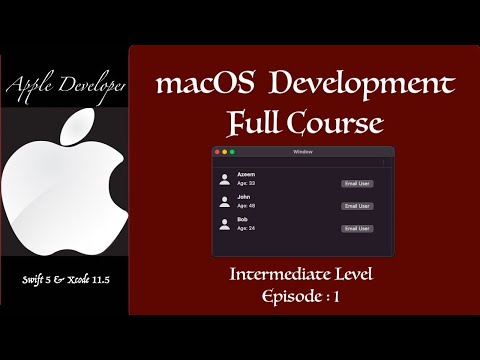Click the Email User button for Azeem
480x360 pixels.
357,183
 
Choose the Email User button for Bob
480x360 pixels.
357,228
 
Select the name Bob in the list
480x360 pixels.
243,219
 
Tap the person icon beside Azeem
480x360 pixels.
225,179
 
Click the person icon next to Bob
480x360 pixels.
225,224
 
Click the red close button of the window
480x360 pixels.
217,151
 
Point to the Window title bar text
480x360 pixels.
303,151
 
